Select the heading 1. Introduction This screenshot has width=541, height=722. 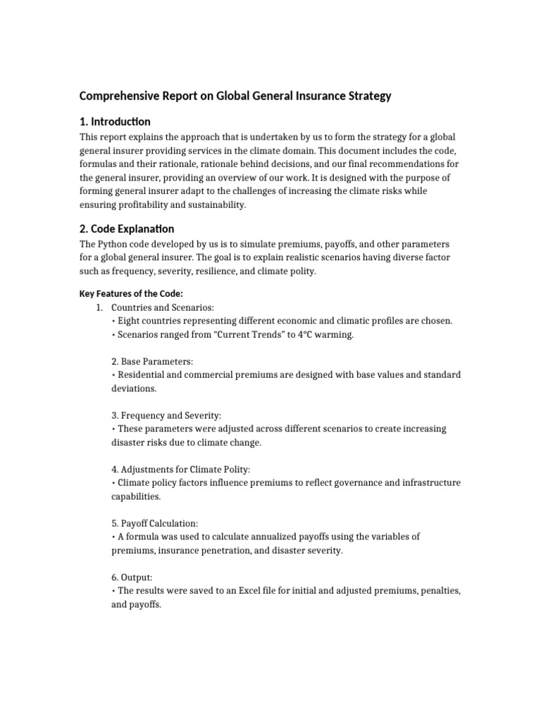pos(114,121)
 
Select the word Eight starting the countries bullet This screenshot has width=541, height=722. pos(128,321)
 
